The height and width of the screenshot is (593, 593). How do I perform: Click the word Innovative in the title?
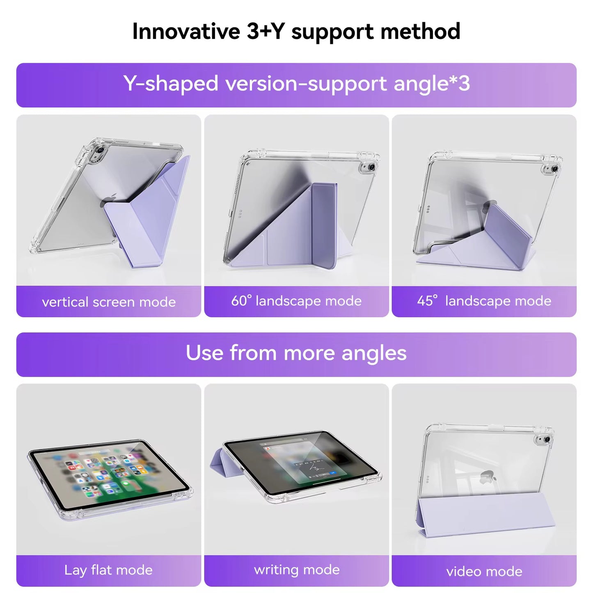coord(186,31)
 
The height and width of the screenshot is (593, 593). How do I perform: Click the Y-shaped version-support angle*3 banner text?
coord(296,84)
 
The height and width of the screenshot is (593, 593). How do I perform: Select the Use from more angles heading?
coord(296,353)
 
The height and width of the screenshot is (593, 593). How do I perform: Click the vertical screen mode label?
coord(109,302)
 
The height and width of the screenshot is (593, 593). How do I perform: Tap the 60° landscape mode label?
coord(296,301)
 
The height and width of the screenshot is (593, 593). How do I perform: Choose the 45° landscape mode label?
coord(484,301)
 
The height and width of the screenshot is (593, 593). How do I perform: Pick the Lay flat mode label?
coord(108,570)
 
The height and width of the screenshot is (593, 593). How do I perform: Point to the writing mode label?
coord(297,570)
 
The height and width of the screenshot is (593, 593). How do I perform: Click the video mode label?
coord(484,571)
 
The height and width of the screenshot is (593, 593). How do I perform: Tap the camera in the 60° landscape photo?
coord(371,167)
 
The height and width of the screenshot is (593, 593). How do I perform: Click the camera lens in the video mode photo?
coord(545,440)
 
